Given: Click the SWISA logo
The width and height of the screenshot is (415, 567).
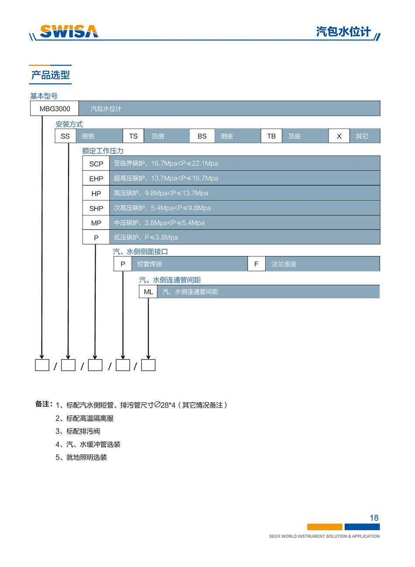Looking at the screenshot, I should click(69, 31).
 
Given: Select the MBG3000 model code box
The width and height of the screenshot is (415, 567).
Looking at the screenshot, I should click(55, 109).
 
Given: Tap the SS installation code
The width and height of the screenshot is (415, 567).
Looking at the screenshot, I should click(65, 136).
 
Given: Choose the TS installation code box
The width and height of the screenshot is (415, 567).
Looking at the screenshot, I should click(133, 136).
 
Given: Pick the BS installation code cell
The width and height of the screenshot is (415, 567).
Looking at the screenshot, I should click(202, 136).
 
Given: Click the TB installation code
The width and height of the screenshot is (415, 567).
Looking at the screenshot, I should click(271, 136).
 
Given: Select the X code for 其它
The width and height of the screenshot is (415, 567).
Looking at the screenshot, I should click(339, 136).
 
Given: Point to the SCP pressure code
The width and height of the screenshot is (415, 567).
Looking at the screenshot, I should click(96, 164).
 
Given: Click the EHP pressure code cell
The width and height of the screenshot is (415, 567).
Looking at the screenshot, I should click(96, 179).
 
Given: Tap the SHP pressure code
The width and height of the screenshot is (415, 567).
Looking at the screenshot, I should click(96, 208).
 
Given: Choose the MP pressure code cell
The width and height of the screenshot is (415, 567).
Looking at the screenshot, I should click(96, 223).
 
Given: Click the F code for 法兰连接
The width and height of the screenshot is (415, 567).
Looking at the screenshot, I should click(256, 264).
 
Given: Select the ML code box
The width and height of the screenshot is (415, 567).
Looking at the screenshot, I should click(148, 292).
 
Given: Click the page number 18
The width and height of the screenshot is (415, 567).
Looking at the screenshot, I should click(374, 518).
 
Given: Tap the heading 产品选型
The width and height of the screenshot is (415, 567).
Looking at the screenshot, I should click(51, 75).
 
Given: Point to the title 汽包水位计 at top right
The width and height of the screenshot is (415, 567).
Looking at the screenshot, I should click(343, 31).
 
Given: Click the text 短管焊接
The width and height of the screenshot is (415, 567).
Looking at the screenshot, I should click(149, 264).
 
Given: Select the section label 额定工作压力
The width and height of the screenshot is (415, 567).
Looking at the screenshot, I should click(103, 151).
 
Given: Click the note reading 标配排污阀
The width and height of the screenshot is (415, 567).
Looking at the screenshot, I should click(83, 431).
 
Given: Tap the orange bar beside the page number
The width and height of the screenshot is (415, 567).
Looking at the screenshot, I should click(325, 527).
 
